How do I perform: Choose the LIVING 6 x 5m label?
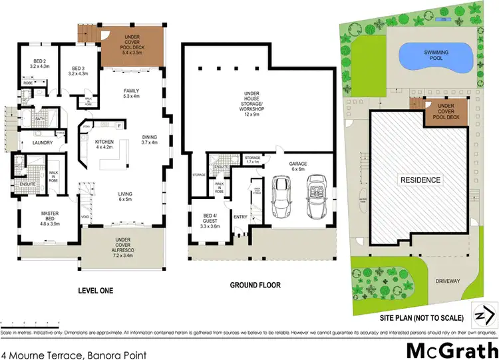point(124,195)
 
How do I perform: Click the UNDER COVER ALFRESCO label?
point(122,246)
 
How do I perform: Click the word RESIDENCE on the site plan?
point(419,180)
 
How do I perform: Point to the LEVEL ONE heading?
point(95,290)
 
